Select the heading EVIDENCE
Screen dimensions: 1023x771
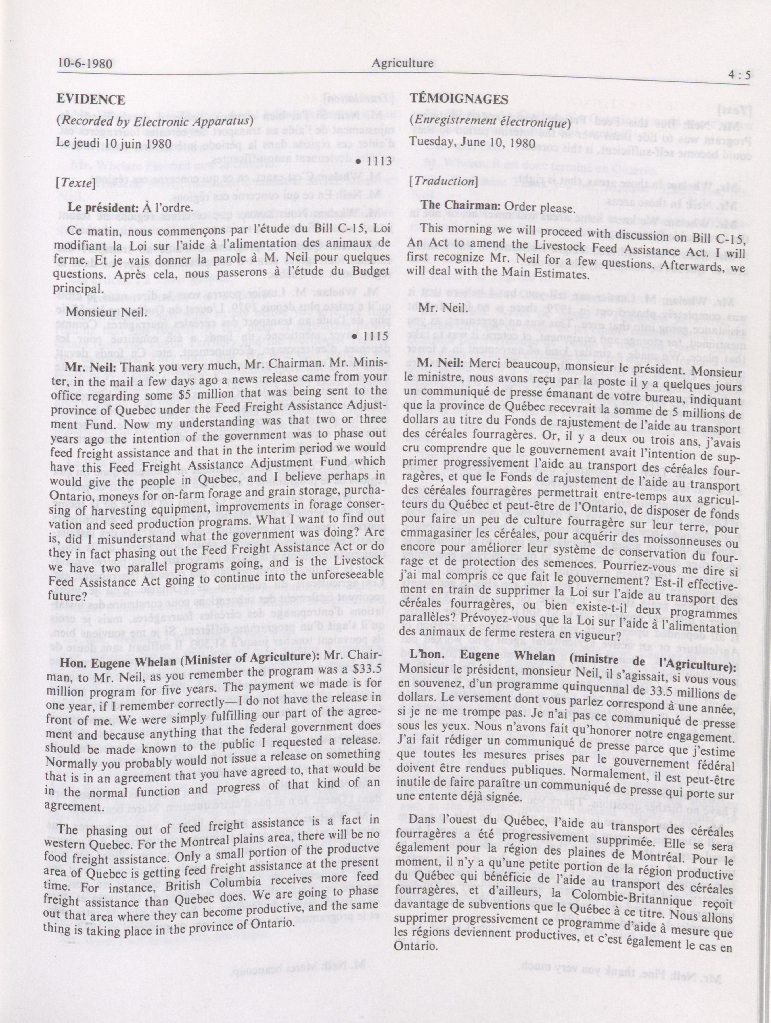pos(91,99)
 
